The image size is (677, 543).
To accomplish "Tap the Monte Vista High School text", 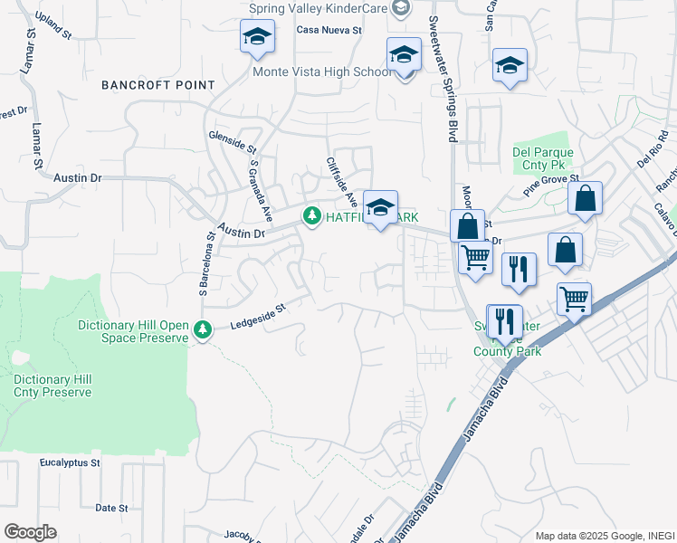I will (x=322, y=71).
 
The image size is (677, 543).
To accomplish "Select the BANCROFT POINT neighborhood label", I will (x=158, y=85).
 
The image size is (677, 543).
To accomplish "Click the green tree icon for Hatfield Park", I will (x=312, y=215).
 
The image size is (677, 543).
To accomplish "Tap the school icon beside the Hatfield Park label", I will (x=381, y=206).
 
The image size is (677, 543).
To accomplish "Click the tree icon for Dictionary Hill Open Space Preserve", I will (x=204, y=330).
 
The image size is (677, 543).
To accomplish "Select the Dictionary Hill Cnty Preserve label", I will (x=52, y=386).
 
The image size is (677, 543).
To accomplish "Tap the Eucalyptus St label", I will (x=70, y=462).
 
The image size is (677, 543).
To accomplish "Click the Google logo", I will (x=30, y=532).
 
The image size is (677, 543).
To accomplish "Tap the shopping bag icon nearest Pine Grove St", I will (x=586, y=198).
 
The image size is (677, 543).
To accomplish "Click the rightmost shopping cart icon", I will (x=575, y=298).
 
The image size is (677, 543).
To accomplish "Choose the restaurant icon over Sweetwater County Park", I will (x=504, y=320).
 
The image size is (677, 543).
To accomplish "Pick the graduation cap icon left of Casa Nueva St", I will (x=257, y=38).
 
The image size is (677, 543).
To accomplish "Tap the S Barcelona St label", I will (x=205, y=262).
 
